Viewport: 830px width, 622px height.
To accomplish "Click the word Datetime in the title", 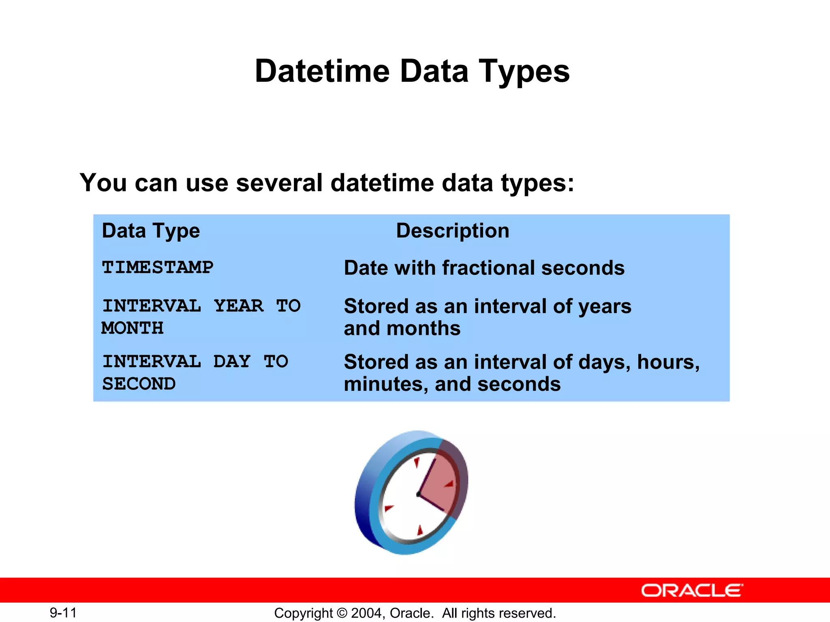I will tap(322, 71).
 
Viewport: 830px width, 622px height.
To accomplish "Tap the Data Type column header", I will tap(151, 231).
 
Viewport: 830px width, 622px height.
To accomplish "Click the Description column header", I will tap(452, 231).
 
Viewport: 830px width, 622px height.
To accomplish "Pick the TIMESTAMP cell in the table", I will tap(158, 268).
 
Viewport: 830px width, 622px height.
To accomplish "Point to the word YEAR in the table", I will tap(239, 306).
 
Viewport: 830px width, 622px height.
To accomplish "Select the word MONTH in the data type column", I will tap(133, 328).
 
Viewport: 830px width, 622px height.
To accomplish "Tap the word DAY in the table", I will tap(232, 362).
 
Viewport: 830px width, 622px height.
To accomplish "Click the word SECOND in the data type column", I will tap(139, 384).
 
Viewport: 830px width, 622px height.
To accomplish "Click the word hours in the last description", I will tap(667, 362).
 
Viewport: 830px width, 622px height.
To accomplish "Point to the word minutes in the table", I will tap(386, 384).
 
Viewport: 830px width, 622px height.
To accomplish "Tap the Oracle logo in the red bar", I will tap(691, 590).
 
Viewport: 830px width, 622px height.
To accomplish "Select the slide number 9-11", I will tap(63, 613).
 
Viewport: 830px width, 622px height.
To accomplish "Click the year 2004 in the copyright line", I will tap(366, 613).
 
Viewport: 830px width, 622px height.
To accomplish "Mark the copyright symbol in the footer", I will tap(342, 613).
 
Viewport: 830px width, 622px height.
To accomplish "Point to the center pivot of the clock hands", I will tap(419, 494).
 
